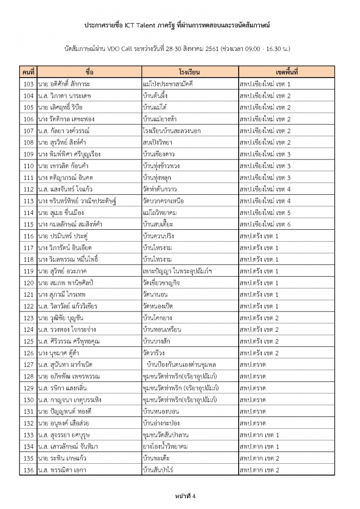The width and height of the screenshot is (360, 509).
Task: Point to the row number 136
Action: [x=29, y=469]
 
